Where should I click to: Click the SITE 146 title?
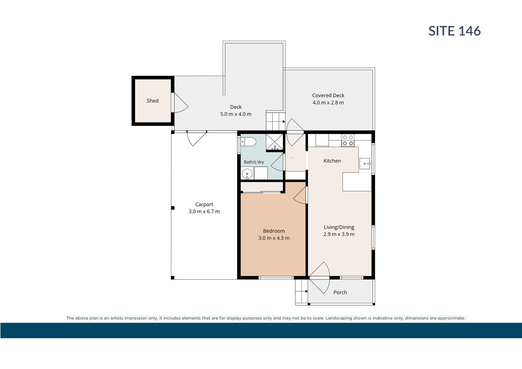point(454,31)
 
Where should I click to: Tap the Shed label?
point(153,101)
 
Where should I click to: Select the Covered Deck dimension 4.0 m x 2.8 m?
point(328,103)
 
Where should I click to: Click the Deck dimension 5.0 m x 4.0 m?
point(236,114)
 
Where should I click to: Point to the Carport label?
point(204,204)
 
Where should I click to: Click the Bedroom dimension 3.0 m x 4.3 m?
point(274,238)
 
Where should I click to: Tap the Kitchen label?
point(332,161)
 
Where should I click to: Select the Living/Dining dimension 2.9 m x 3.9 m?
point(339,234)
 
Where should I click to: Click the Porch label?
point(340,292)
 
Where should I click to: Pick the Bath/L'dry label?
point(254,162)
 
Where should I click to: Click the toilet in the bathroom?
point(248,142)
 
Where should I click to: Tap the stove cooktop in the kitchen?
point(348,141)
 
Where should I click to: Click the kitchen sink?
point(365,163)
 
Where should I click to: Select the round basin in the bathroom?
point(247,174)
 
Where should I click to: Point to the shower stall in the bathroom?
point(275,142)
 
